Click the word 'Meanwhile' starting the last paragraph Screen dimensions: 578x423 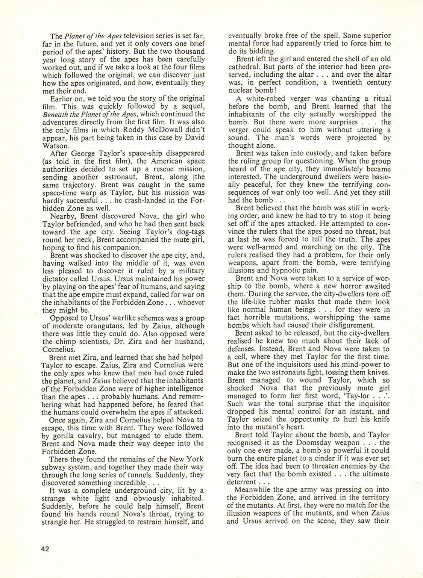click(x=252, y=490)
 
